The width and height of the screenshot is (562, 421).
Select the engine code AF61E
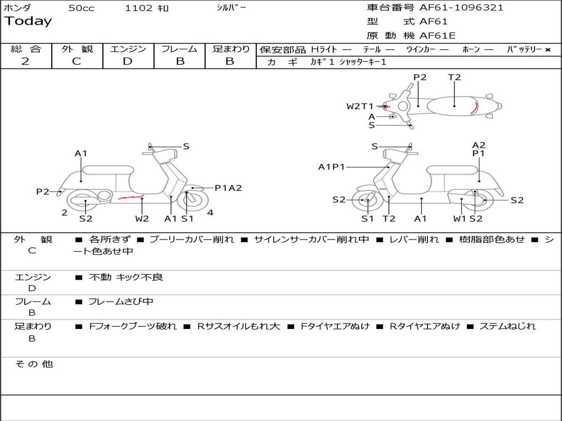pos(437,36)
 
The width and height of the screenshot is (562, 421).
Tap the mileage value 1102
pos(139,8)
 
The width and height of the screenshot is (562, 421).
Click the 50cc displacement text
pos(81,8)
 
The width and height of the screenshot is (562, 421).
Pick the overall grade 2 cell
pos(25,61)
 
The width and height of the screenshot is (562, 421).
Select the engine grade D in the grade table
pos(127,61)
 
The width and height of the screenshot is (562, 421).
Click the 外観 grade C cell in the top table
pos(77,61)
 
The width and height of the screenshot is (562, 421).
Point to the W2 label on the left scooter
pos(142,219)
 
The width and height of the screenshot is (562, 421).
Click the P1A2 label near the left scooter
pos(228,188)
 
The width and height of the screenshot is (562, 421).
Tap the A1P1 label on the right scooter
pos(331,167)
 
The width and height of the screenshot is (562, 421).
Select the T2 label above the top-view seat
pos(454,77)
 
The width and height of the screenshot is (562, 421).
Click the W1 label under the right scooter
pos(459,219)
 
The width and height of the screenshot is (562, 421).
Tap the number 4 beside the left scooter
pos(210,213)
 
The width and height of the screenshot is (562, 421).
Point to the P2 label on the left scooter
pos(43,192)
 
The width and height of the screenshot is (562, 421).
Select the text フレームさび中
pos(121,301)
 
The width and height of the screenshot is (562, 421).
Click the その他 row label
pos(33,364)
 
